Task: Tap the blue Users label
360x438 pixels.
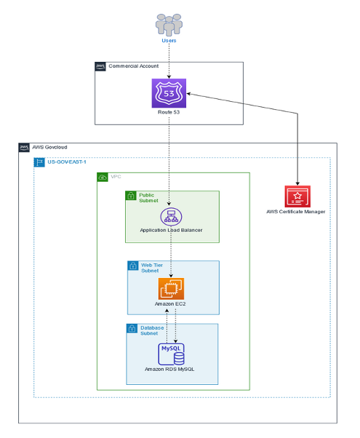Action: (x=169, y=41)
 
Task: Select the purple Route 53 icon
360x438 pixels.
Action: (x=169, y=94)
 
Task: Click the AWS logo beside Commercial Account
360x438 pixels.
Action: (x=100, y=66)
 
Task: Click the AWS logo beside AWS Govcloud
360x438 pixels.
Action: (x=24, y=148)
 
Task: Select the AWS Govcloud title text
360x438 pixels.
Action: (x=50, y=148)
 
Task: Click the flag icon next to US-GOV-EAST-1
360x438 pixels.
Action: (x=39, y=162)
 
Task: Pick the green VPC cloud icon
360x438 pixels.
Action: (x=103, y=178)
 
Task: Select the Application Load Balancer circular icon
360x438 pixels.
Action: (x=170, y=216)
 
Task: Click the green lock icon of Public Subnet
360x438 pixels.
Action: (x=131, y=196)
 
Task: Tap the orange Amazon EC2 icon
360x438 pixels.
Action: (x=172, y=288)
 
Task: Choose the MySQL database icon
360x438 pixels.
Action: (x=172, y=353)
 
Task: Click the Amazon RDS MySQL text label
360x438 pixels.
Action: (x=172, y=370)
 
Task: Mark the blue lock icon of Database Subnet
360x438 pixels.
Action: (x=132, y=330)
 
